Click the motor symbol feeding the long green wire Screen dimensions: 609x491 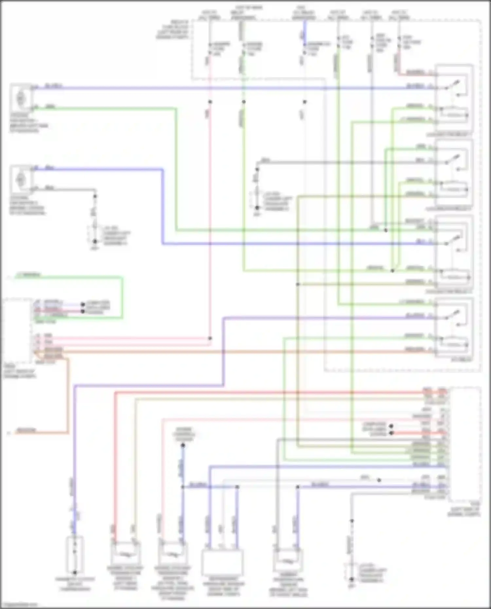coord(21,97)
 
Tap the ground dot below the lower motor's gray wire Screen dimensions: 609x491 coord(95,242)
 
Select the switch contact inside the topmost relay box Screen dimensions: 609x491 coord(455,85)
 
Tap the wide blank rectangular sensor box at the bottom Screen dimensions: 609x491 coord(222,562)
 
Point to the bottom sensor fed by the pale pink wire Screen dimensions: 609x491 coord(173,553)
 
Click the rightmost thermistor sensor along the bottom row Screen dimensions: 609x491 coord(288,560)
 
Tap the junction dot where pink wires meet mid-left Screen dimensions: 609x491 coord(210,338)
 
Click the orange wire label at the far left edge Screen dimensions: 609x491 coord(26,430)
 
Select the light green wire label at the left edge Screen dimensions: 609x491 coord(28,275)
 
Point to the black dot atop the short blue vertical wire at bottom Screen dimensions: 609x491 coord(183,445)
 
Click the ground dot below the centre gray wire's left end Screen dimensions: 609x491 coord(257,207)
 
